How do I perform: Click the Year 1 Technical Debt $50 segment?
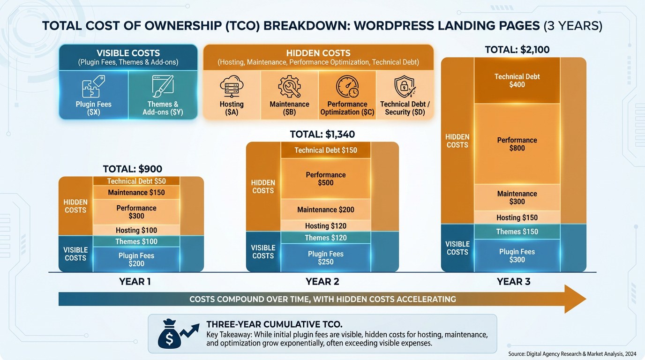coord(136,181)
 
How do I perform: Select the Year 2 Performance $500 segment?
coord(326,179)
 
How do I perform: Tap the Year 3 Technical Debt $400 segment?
coord(517,81)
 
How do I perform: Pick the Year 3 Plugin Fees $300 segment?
coord(517,255)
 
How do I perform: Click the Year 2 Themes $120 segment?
coord(326,238)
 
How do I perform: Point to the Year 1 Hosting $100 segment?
coord(136,230)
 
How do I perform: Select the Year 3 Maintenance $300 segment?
coord(517,197)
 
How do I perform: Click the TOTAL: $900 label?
coord(133,169)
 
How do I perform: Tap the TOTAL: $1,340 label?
coord(322,135)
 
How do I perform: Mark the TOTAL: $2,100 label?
coord(517,50)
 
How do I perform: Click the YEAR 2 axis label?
coord(322,282)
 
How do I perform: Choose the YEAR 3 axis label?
coord(514,282)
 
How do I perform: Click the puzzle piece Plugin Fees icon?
coord(94,87)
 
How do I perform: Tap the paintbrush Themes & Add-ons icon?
coord(163,87)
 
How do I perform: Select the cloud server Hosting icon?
coord(232,87)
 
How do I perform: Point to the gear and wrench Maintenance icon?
coord(289,87)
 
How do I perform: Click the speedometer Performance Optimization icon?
coord(347,87)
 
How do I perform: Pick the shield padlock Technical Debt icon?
coord(405,87)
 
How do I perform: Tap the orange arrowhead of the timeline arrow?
coord(575,299)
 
